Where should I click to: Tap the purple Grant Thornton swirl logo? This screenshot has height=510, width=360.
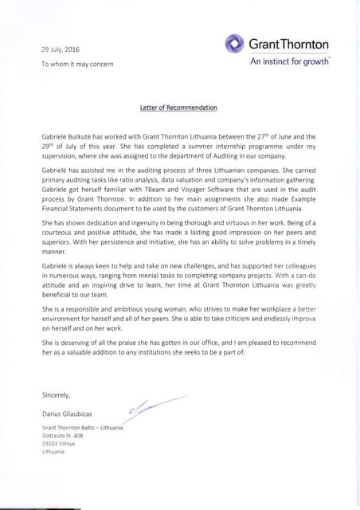tap(234, 43)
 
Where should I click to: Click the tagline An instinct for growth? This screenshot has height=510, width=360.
tap(290, 61)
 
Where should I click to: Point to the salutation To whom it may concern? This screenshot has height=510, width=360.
tap(76, 63)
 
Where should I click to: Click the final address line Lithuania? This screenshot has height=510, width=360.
tap(54, 452)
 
